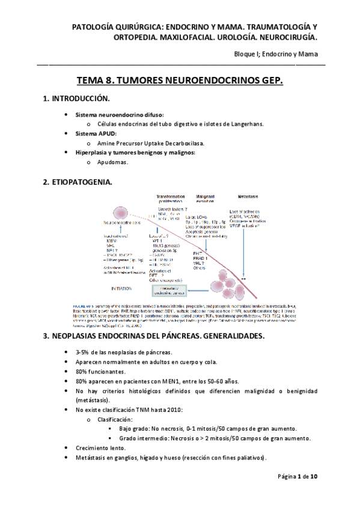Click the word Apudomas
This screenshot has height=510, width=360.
tap(113, 162)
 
